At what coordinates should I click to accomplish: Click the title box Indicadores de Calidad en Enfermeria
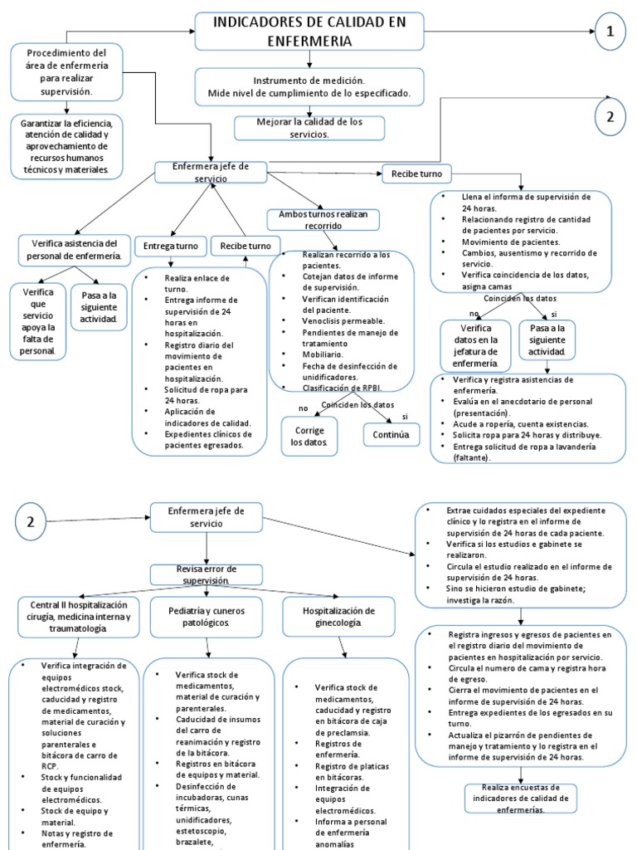click(x=309, y=32)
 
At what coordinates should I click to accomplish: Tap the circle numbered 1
click(x=610, y=32)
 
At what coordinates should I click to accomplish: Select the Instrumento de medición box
click(x=309, y=86)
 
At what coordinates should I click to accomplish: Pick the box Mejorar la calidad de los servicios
click(x=309, y=128)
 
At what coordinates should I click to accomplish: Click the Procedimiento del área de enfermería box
click(x=66, y=72)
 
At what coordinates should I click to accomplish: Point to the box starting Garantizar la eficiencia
click(x=66, y=146)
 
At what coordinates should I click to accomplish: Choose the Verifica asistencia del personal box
click(x=74, y=250)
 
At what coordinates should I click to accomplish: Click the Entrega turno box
click(x=171, y=246)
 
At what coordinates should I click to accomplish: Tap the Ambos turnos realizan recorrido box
click(x=323, y=219)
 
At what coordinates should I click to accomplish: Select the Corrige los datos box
click(x=309, y=437)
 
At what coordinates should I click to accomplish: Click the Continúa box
click(x=391, y=435)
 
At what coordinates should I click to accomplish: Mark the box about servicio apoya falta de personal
click(x=38, y=321)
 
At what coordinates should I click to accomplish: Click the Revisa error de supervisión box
click(x=207, y=574)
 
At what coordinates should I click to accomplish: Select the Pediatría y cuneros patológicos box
click(x=207, y=617)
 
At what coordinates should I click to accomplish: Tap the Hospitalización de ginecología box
click(x=338, y=617)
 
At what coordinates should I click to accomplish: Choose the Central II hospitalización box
click(x=79, y=617)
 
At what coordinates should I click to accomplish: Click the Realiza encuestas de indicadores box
click(x=521, y=799)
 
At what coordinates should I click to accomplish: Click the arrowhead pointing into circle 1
click(x=591, y=32)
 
